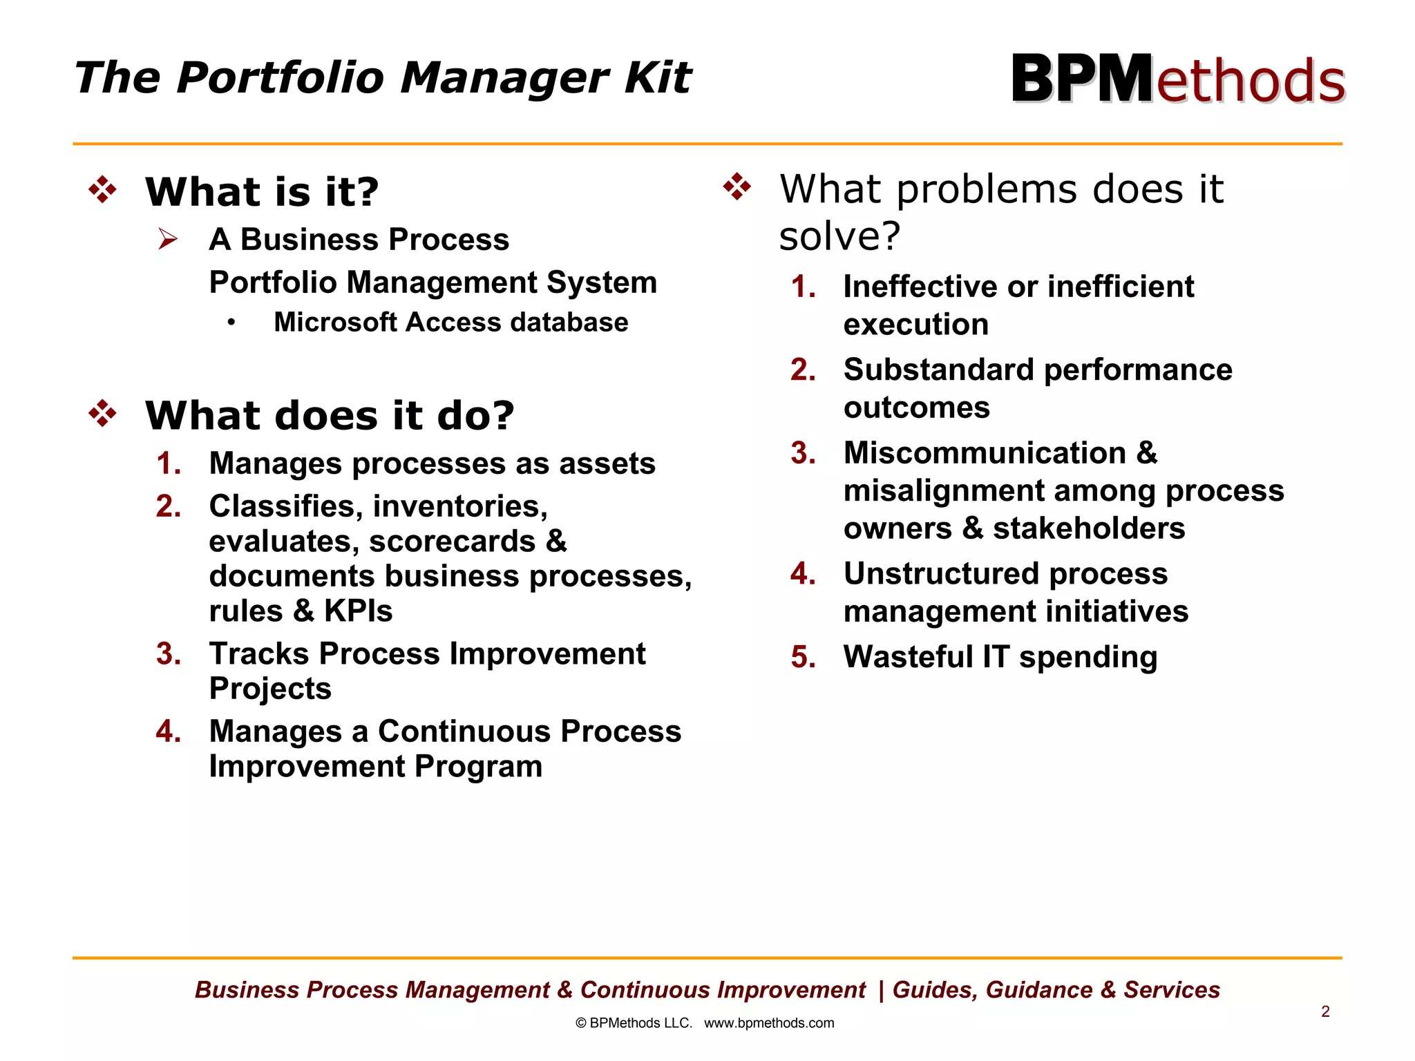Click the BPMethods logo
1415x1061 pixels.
pos(1178,79)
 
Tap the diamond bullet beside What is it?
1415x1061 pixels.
pos(103,190)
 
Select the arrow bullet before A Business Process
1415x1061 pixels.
pos(168,239)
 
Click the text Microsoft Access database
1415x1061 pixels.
pos(450,323)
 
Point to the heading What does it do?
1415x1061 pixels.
pos(330,416)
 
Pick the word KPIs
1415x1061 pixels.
pos(358,611)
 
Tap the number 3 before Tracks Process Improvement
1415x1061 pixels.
pos(169,654)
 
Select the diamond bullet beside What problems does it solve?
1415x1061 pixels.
pos(737,187)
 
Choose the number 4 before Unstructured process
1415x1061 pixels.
pos(803,574)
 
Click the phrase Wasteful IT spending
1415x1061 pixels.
pos(1000,657)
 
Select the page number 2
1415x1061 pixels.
pos(1325,1012)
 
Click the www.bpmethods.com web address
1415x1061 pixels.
pos(769,1023)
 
